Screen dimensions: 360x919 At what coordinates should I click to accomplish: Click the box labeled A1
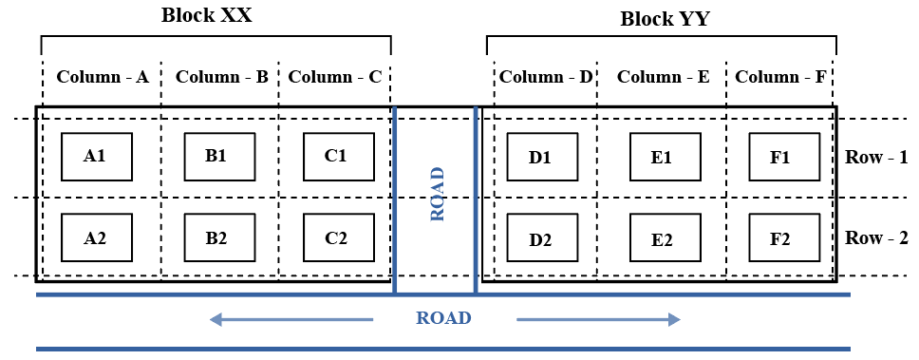[96, 157]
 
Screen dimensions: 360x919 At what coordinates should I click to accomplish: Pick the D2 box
[542, 238]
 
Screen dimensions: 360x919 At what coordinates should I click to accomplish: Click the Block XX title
[206, 15]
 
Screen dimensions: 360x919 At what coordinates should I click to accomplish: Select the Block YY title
[665, 19]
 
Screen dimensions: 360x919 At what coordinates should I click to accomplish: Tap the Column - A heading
[103, 77]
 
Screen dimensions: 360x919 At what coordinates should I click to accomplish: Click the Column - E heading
[663, 77]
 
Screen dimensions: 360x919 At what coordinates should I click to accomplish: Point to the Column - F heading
[781, 77]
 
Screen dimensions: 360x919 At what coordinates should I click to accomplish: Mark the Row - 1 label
[876, 158]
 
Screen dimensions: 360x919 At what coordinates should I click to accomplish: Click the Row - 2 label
[876, 238]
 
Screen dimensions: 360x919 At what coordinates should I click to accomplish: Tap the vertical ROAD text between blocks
[437, 195]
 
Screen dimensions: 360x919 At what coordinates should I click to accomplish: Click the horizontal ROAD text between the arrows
[443, 318]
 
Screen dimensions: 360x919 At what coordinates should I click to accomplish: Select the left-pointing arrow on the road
[291, 319]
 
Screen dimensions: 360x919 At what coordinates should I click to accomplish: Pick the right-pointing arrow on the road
[599, 319]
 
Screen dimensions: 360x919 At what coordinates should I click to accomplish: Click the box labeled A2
[96, 237]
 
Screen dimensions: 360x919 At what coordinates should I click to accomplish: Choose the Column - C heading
[335, 77]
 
